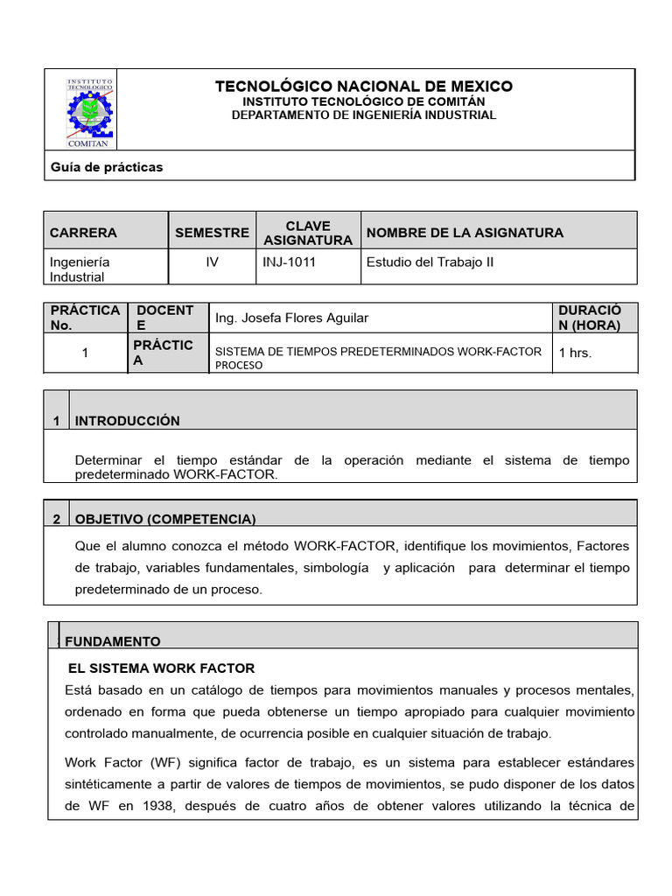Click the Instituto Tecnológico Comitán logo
90,111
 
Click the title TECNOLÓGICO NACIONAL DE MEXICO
363,87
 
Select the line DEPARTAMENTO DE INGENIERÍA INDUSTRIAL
363,115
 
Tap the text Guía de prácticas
107,166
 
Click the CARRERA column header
83,233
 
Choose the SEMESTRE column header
212,233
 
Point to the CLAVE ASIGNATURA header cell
308,233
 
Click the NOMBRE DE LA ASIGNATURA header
465,233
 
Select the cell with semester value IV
212,262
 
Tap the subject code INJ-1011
289,262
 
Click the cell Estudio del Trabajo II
430,262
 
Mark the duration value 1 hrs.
575,352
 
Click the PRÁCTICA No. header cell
85,318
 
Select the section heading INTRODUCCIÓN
128,421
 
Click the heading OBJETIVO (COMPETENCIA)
165,519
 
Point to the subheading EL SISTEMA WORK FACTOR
161,668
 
